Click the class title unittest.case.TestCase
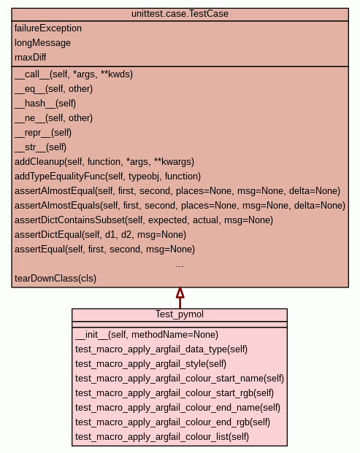click(x=180, y=14)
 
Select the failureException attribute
click(x=48, y=28)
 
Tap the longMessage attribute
click(x=42, y=43)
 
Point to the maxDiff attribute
click(x=31, y=57)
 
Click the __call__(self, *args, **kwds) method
click(x=74, y=74)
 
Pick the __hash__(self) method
click(x=45, y=104)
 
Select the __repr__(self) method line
click(x=43, y=133)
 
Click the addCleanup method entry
click(x=104, y=162)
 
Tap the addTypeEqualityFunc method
click(x=107, y=177)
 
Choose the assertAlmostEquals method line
click(x=180, y=206)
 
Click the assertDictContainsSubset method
click(x=144, y=220)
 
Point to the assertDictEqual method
click(x=100, y=235)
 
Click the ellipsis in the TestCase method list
click(x=180, y=266)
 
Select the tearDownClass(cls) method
click(x=55, y=279)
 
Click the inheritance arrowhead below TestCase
click(x=180, y=293)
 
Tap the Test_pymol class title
click(x=180, y=314)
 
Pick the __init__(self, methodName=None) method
click(x=147, y=335)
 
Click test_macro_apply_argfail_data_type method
click(x=161, y=349)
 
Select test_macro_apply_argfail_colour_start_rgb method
click(x=175, y=393)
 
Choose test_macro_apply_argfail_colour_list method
click(x=162, y=436)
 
